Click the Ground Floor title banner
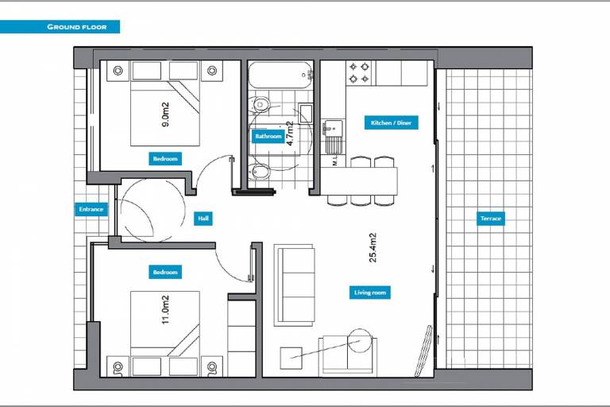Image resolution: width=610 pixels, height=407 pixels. pos(60,27)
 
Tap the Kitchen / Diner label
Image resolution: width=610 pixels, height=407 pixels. pos(392,122)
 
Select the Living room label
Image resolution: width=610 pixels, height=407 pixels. pos(370,293)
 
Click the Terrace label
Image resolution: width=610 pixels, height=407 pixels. pos(491,219)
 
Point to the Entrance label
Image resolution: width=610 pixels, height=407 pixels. pos(91,209)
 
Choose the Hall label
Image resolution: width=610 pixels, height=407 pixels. pos(203,219)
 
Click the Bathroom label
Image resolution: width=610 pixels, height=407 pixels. pos(268,136)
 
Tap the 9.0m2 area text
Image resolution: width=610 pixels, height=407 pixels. pos(165,114)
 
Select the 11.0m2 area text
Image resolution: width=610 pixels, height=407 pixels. pos(165,310)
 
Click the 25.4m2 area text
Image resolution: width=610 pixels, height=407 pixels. pos(373,248)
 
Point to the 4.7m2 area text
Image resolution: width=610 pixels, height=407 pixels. pos(290,134)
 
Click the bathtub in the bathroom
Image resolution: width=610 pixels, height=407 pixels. pos(280,75)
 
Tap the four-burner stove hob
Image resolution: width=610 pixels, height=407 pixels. pos(359,73)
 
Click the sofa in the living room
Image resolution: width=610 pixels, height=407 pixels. pos(294,285)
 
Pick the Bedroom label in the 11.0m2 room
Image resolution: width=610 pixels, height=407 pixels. pos(165,272)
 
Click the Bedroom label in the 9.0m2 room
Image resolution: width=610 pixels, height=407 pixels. pos(165,159)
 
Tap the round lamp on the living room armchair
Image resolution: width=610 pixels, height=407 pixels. pos(361,341)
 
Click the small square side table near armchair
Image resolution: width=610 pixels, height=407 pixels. pos(291,359)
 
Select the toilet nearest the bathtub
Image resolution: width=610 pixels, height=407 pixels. pos(261,104)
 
